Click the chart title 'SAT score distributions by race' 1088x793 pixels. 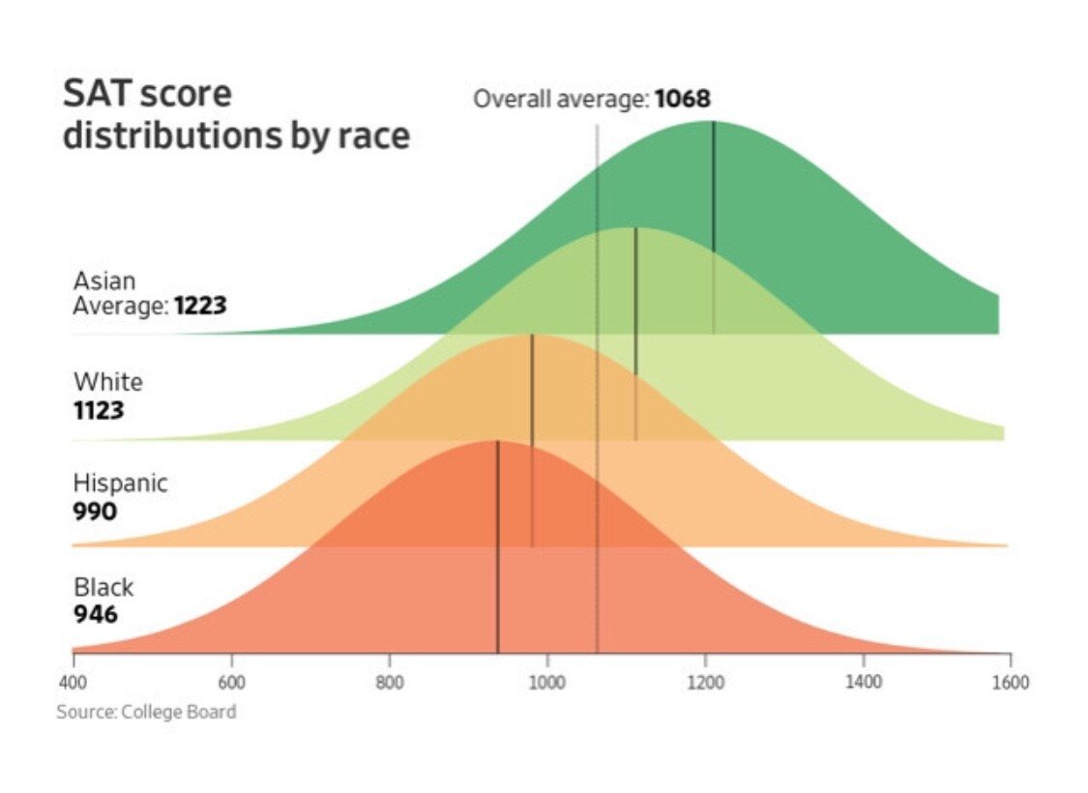tap(236, 114)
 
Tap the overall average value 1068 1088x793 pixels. tap(682, 99)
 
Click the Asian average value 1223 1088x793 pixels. tap(200, 307)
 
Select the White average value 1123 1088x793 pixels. tap(99, 410)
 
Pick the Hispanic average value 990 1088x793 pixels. tap(95, 511)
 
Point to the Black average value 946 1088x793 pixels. tap(95, 614)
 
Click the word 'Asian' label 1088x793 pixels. tap(104, 281)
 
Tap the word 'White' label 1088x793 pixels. tap(107, 382)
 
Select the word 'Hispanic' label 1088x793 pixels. tap(120, 484)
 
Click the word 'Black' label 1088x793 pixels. tap(103, 587)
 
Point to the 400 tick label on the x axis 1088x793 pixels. tap(73, 683)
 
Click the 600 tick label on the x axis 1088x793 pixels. tap(231, 683)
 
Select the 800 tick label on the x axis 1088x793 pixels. tap(390, 683)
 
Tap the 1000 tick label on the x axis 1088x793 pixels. tap(547, 683)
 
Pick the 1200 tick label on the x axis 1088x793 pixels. tap(705, 683)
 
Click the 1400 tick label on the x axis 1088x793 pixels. tap(863, 683)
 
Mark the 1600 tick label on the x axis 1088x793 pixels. tap(1010, 683)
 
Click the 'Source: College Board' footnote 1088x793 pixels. tap(146, 713)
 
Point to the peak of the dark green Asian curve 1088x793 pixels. tap(713, 122)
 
